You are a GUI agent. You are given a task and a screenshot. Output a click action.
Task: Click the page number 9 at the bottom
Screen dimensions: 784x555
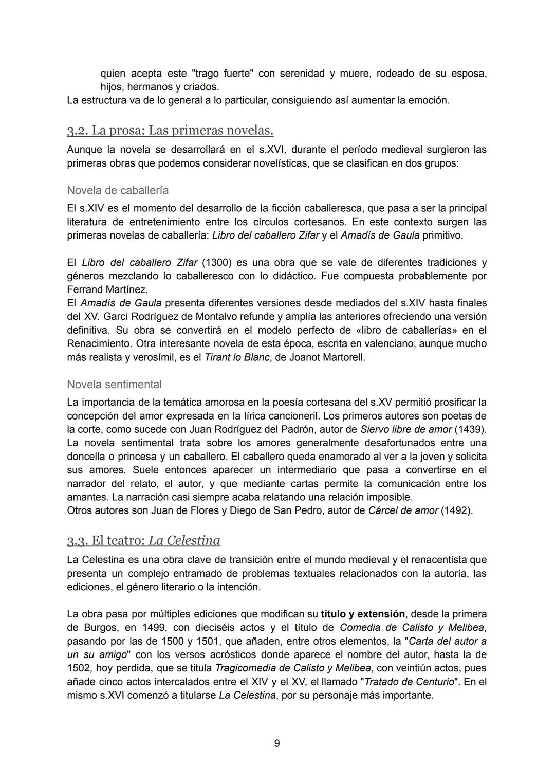coord(277,743)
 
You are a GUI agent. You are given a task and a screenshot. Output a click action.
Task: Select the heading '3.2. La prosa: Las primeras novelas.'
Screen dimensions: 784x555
coord(170,131)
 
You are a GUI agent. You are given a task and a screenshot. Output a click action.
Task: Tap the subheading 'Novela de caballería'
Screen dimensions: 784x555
coord(118,190)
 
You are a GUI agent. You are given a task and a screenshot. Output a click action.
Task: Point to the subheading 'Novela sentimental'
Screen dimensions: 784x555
coord(114,384)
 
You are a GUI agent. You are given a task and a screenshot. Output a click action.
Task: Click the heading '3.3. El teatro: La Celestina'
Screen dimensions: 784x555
coord(143,540)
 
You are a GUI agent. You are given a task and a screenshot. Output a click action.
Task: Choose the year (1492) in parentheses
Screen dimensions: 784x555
coord(456,510)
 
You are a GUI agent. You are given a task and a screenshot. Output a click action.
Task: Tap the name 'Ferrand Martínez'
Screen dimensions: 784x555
coord(107,289)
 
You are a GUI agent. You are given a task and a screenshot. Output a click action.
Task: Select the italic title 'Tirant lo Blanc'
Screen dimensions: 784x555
coord(237,357)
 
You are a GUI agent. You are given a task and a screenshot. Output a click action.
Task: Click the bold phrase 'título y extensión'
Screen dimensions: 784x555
coord(363,614)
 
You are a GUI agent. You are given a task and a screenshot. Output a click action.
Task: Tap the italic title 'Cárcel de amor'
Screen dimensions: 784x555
coord(403,510)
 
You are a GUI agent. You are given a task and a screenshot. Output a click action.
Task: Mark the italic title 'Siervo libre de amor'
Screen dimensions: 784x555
coord(406,429)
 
